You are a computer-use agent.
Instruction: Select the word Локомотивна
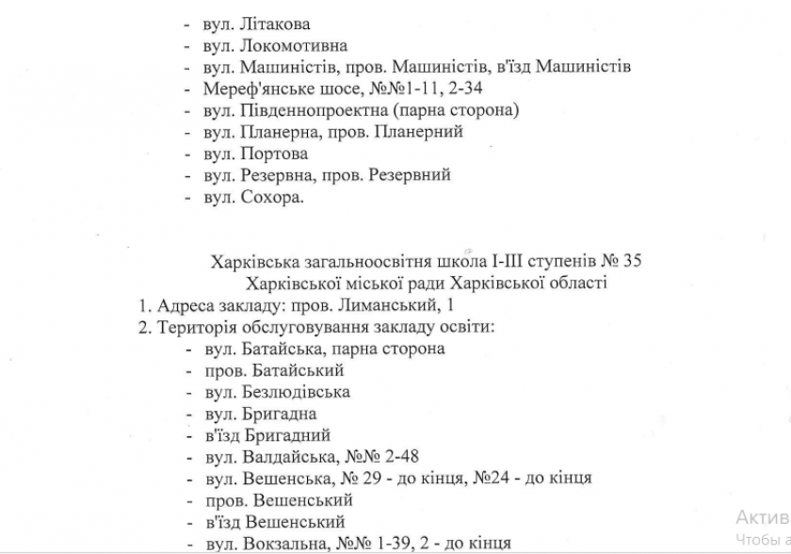294,45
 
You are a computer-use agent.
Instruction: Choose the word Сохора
272,197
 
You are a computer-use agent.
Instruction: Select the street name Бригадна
279,414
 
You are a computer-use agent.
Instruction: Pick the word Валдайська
285,457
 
